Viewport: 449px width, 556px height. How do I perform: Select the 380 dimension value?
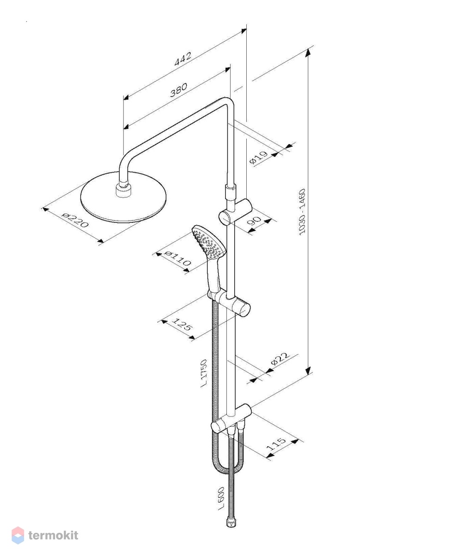click(179, 89)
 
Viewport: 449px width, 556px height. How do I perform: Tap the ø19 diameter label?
click(258, 158)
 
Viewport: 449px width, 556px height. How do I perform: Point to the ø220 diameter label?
click(75, 220)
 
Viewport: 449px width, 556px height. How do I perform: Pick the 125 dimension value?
click(182, 324)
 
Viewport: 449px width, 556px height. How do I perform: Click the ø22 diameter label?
click(281, 359)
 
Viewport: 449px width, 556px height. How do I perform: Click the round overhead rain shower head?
click(124, 197)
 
